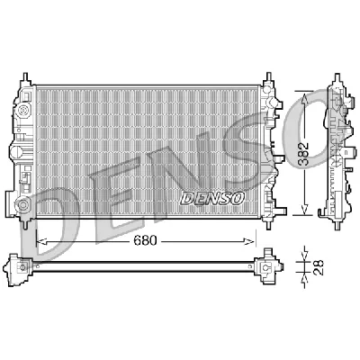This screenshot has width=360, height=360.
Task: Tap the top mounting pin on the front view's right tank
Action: pyautogui.click(x=268, y=79)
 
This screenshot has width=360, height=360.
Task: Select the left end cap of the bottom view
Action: pyautogui.click(x=20, y=266)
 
